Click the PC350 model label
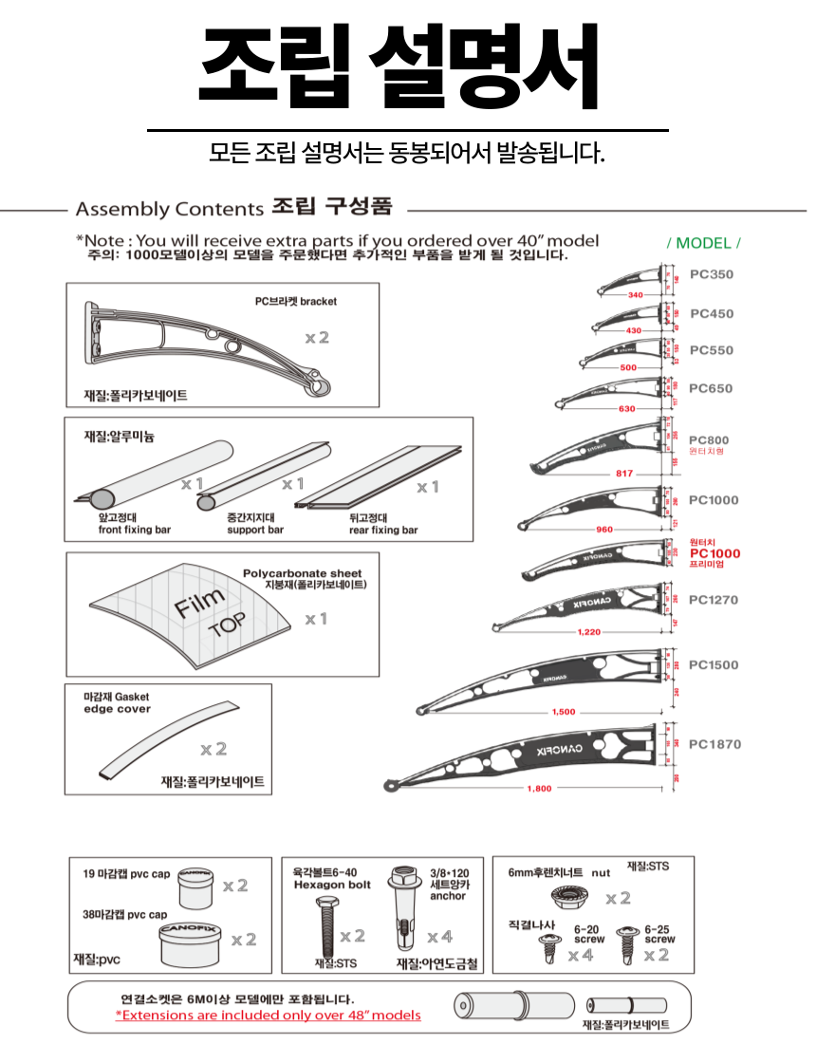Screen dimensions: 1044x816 [711, 275]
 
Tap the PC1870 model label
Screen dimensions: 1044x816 [714, 745]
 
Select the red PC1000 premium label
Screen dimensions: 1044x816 [714, 553]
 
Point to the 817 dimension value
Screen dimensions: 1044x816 [624, 473]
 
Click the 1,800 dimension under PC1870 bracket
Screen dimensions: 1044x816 [540, 789]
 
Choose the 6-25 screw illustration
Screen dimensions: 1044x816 [624, 939]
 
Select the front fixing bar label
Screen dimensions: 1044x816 [135, 524]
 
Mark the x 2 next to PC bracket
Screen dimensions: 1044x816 [317, 338]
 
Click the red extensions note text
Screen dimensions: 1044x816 [268, 1015]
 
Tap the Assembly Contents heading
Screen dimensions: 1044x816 [169, 209]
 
